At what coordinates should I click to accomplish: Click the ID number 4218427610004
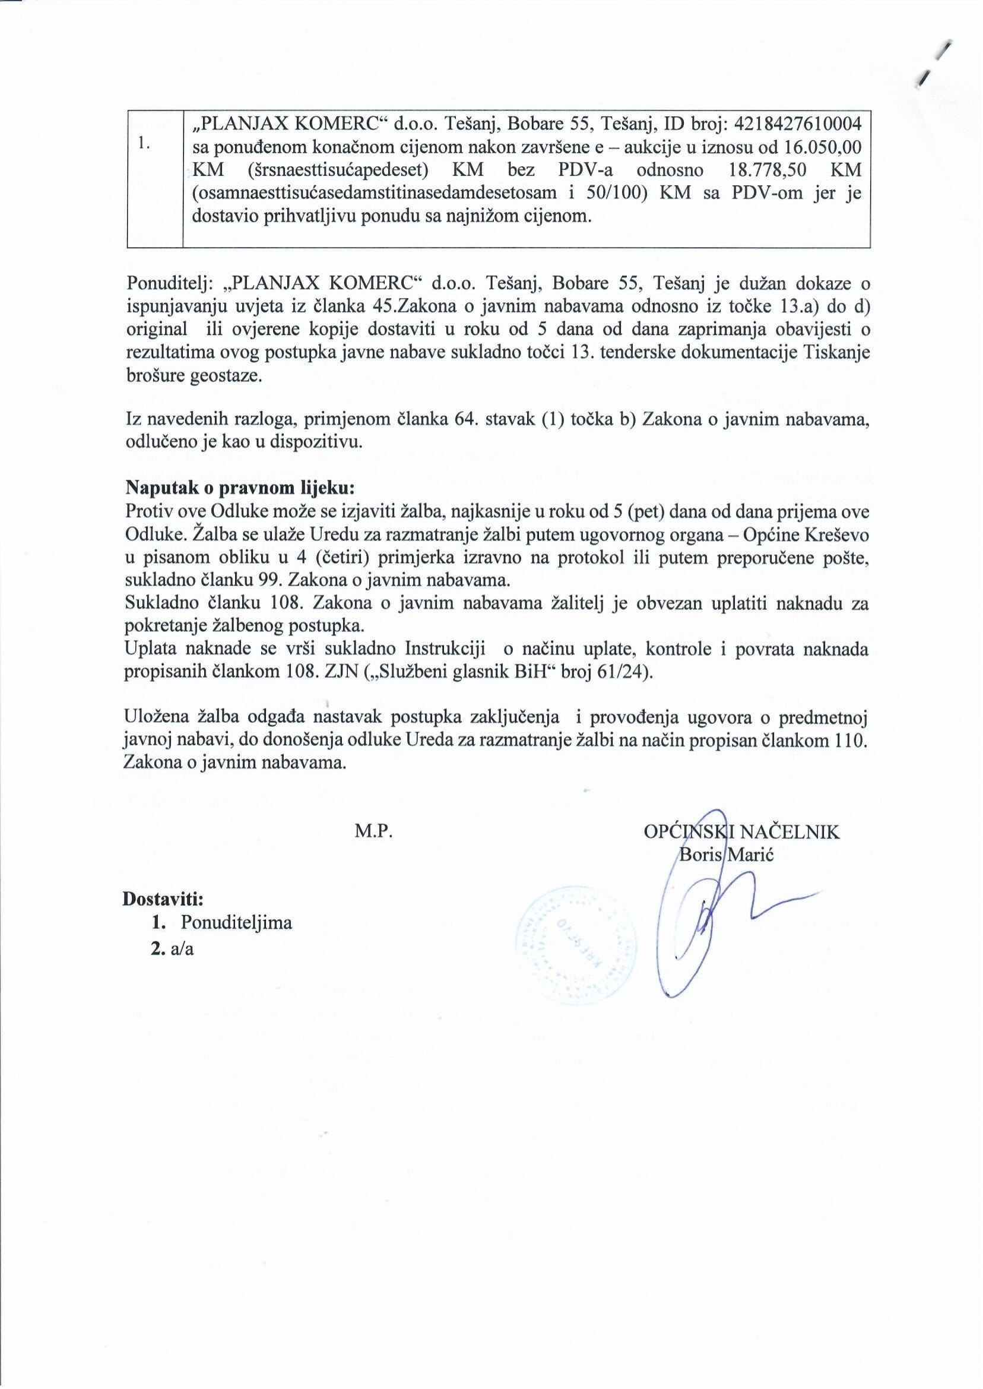[797, 124]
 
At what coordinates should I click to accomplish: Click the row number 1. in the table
[144, 143]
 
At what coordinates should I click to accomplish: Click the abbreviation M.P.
[374, 832]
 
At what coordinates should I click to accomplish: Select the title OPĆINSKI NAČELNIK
[741, 832]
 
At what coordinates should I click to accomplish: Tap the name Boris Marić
[727, 855]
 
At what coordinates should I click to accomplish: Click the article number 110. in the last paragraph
[851, 741]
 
